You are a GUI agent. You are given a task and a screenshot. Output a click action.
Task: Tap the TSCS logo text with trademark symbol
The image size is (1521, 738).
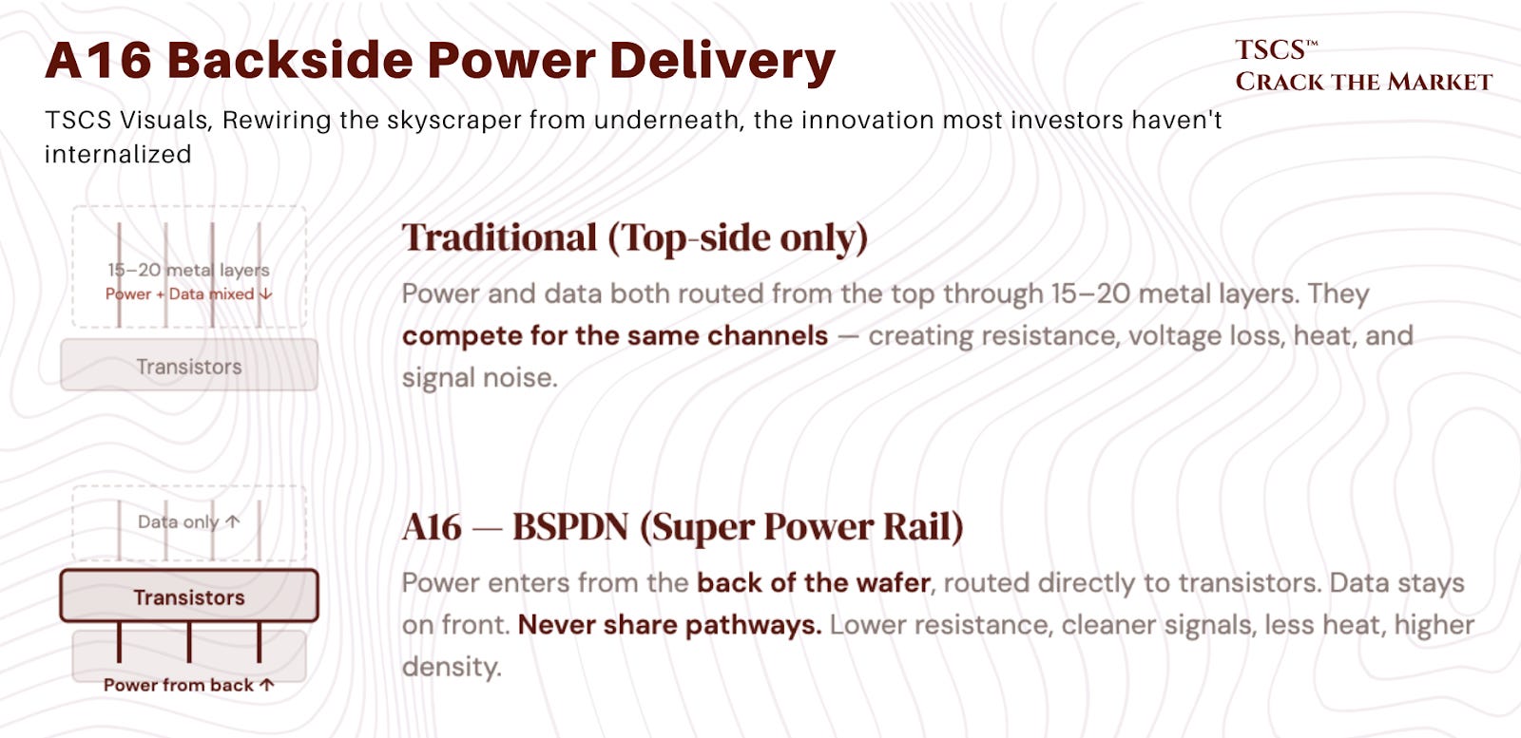[1277, 50]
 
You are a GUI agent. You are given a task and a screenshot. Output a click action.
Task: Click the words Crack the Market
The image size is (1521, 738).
[1363, 82]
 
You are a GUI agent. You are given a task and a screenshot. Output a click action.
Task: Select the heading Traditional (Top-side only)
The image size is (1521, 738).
[635, 238]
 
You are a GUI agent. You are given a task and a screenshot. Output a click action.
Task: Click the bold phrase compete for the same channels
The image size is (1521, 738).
[615, 336]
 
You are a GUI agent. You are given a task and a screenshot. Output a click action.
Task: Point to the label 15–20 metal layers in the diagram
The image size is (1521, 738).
[189, 270]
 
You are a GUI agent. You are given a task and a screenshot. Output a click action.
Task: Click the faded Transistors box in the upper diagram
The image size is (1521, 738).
[189, 365]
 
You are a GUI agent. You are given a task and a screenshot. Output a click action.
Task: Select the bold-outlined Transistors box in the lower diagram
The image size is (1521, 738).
[189, 596]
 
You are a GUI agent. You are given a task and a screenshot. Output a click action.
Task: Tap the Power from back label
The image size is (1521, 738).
[179, 685]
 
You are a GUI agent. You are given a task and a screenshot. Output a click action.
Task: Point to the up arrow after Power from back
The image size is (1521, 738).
[267, 685]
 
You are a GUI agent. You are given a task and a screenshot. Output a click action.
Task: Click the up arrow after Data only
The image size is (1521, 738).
[233, 521]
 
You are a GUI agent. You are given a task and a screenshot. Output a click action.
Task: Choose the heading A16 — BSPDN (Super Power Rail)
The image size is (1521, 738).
[683, 527]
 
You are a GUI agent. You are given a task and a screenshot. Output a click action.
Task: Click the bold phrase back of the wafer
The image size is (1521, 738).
[814, 582]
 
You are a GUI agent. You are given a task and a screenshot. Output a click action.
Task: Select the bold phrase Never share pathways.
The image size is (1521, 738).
[669, 625]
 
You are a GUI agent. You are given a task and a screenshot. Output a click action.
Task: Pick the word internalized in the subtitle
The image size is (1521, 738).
[118, 154]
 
